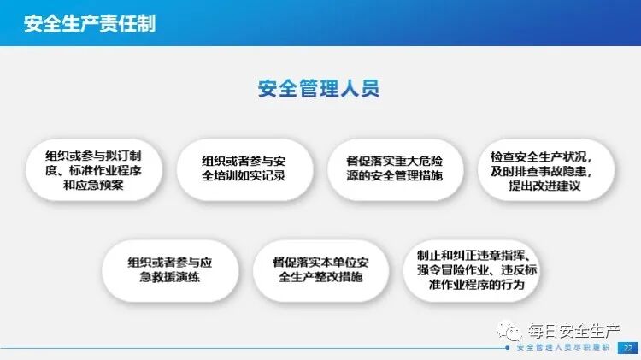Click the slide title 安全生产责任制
point(90,23)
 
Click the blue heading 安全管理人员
point(318,88)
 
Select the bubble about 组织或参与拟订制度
point(94,169)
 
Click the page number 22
point(628,348)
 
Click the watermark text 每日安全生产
point(572,329)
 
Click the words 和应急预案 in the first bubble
point(94,185)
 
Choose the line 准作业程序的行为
point(472,285)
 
